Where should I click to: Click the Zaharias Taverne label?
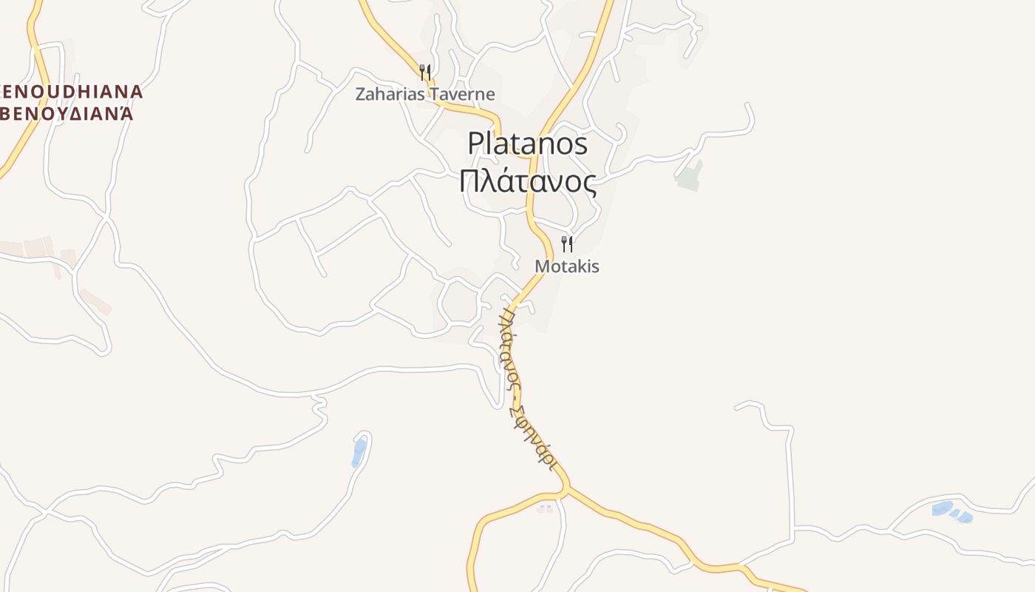(424, 95)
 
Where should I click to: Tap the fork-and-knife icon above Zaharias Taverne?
(424, 73)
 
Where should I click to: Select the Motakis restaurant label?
(567, 266)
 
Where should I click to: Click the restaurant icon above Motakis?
(567, 243)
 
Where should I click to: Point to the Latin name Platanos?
(527, 144)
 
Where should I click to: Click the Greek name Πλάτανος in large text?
(527, 182)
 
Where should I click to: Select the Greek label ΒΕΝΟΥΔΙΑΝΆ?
(67, 114)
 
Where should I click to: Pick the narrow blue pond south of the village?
(359, 452)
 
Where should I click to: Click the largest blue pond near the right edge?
(942, 508)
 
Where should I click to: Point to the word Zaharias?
(389, 95)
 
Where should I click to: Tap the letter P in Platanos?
(475, 144)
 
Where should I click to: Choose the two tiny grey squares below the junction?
(546, 509)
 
